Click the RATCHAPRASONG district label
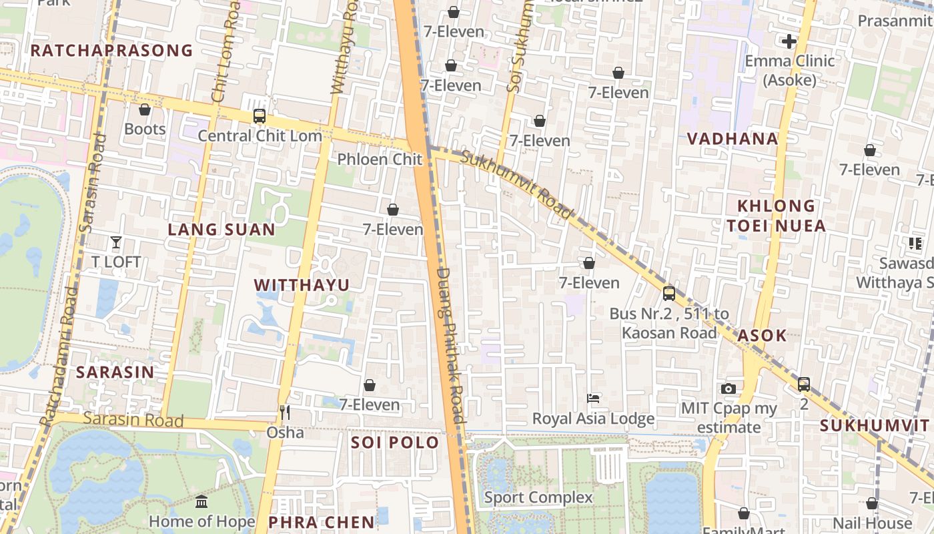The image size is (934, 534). click(x=111, y=51)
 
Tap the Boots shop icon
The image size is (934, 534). click(x=145, y=109)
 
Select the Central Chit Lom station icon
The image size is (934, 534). click(x=260, y=116)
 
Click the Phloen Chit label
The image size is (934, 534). click(x=380, y=160)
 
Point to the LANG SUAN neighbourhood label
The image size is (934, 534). click(x=221, y=230)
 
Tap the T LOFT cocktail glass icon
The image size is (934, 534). click(x=116, y=242)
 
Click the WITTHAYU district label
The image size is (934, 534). click(x=302, y=285)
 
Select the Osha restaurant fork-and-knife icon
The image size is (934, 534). click(x=285, y=413)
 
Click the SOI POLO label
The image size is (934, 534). click(x=395, y=443)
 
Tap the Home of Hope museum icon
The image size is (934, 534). click(x=201, y=501)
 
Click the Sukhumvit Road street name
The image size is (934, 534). click(x=517, y=185)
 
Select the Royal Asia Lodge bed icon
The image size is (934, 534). click(x=593, y=398)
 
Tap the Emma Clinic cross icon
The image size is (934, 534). click(x=789, y=41)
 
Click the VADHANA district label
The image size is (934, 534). click(x=733, y=139)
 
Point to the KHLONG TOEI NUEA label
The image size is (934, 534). click(x=777, y=216)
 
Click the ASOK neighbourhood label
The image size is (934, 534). click(x=762, y=336)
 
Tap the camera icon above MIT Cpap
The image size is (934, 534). click(x=729, y=388)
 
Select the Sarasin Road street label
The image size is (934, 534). click(x=133, y=420)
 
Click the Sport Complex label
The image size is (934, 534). click(x=538, y=497)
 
